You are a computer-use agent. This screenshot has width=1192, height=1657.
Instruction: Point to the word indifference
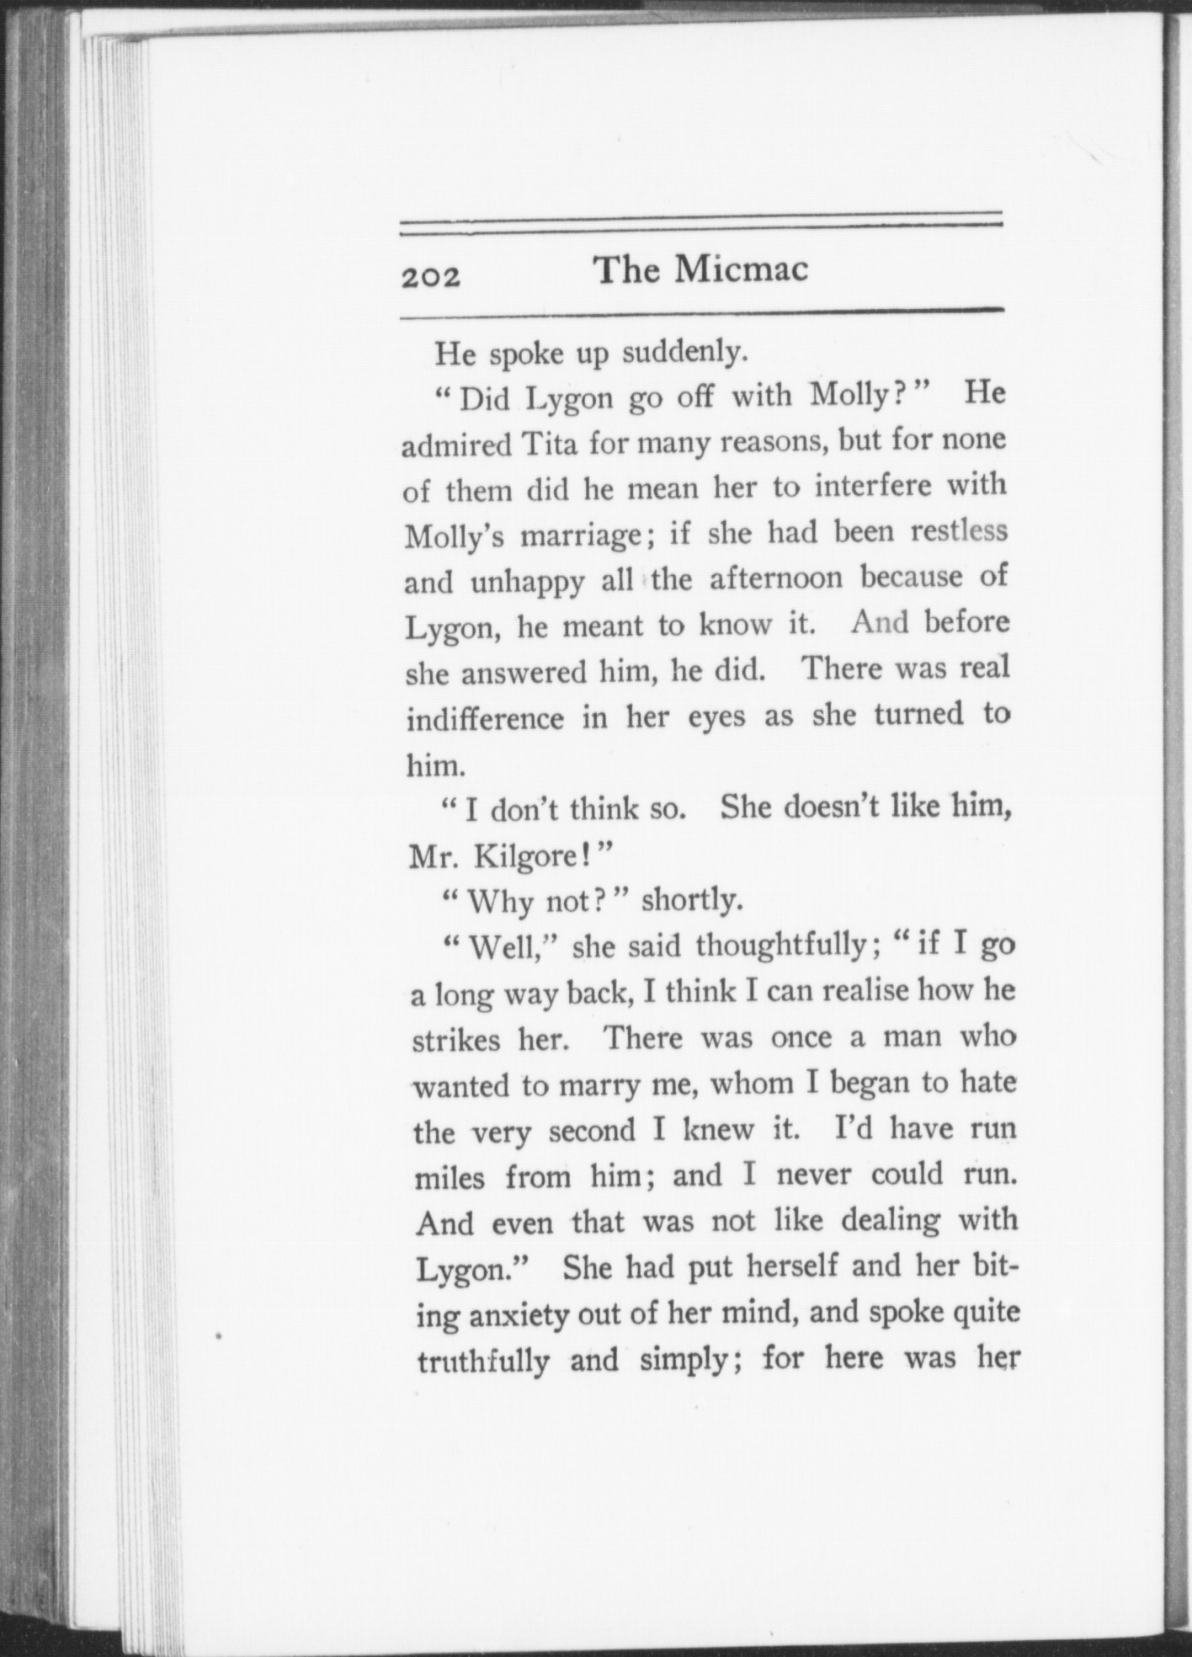486,718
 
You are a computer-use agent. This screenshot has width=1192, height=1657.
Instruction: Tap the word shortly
692,901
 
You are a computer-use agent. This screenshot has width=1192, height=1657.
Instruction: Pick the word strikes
456,1041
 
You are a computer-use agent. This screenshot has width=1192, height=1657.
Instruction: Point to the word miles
450,1176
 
